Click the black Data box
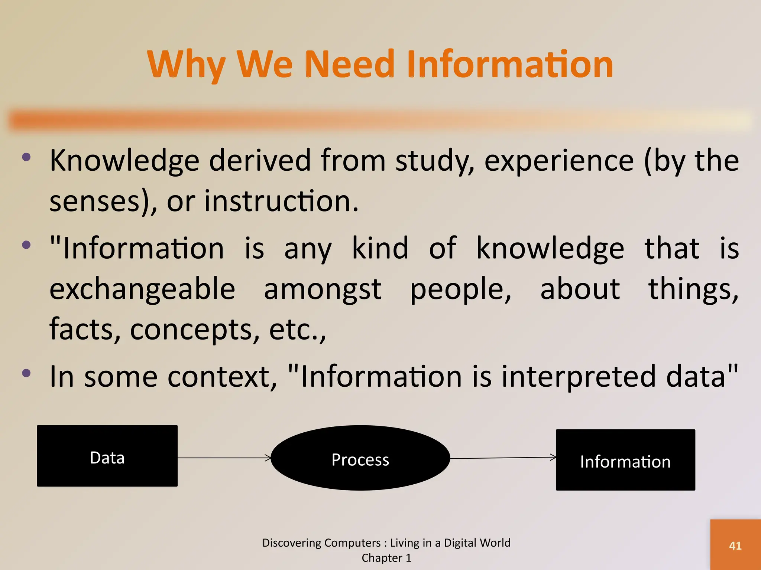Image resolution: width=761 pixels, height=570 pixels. (x=107, y=456)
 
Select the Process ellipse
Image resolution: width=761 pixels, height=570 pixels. (x=360, y=458)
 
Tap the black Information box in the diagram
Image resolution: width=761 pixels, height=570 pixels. (x=625, y=460)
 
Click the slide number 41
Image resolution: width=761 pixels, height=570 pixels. (x=735, y=546)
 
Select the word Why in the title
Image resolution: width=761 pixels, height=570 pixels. (x=186, y=65)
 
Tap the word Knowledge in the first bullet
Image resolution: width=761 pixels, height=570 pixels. (x=124, y=161)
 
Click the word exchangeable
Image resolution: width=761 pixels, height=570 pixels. (x=142, y=289)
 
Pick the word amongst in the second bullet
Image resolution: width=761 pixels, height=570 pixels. (x=323, y=289)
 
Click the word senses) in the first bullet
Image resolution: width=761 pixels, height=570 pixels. (x=100, y=202)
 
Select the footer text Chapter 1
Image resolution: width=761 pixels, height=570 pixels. (x=386, y=558)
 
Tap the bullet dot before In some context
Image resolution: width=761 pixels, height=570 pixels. (x=26, y=373)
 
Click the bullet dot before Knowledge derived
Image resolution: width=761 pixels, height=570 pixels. (x=26, y=157)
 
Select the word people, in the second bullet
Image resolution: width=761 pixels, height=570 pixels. (x=461, y=289)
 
